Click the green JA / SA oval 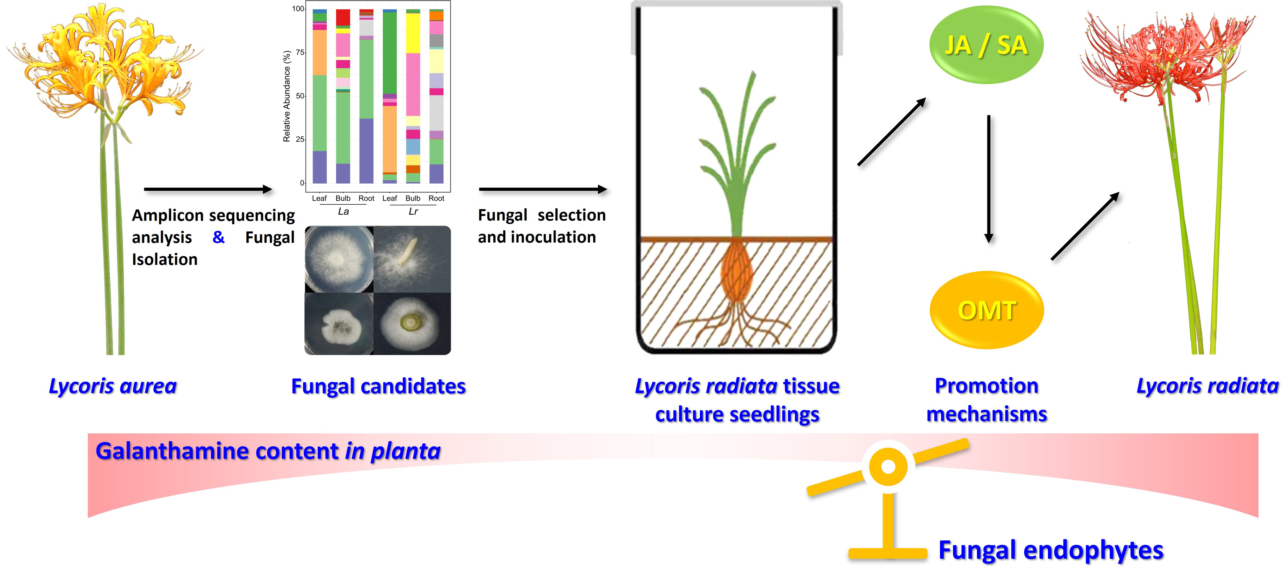coord(986,45)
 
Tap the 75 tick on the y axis coord(300,52)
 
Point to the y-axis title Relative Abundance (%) coord(286,96)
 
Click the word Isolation coord(165,259)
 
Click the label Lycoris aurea coord(113,386)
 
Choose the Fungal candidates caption coord(378,386)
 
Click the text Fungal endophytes coord(1050,550)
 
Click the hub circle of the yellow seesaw coord(888,466)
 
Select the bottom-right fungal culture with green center coord(412,324)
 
